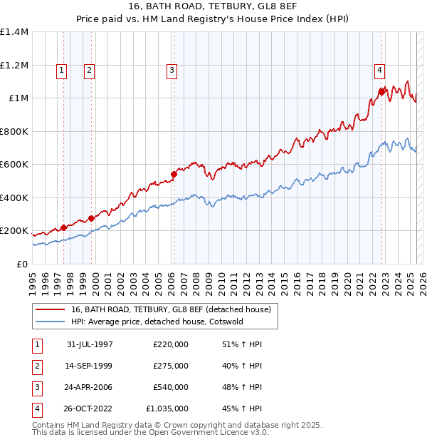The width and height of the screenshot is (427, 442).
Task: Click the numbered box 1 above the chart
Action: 62,70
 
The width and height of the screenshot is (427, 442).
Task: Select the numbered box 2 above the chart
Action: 89,70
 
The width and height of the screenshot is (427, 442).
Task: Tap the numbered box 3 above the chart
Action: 172,70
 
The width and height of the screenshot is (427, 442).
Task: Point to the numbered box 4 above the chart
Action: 380,70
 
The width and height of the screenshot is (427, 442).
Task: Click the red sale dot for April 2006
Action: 174,173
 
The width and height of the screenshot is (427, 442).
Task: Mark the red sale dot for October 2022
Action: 382,91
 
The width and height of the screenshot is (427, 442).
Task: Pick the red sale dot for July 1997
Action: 63,227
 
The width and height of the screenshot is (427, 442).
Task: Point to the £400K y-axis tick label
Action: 14,197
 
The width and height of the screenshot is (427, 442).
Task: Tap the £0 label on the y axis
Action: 21,264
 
